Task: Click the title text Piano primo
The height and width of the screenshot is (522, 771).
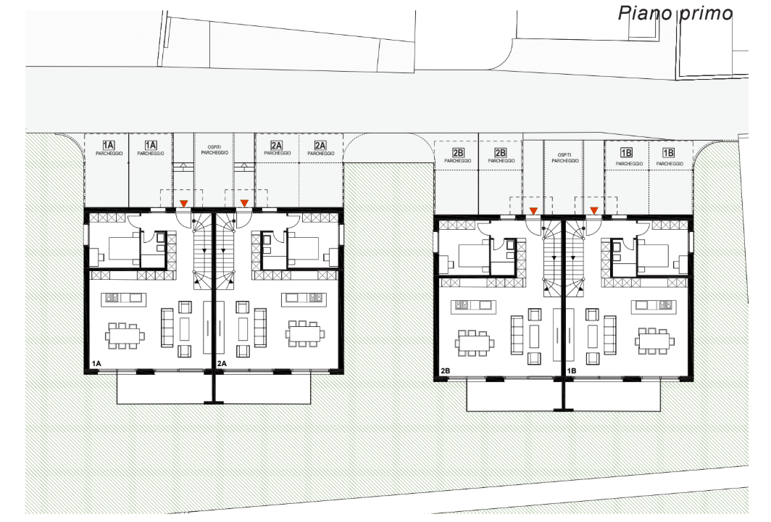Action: click(675, 13)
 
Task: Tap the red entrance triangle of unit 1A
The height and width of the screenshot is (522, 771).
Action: click(184, 203)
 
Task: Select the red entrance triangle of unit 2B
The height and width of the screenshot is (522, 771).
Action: click(533, 211)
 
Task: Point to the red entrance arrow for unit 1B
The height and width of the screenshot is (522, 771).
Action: click(594, 210)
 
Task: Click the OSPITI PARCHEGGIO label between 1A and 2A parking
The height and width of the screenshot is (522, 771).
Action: click(214, 149)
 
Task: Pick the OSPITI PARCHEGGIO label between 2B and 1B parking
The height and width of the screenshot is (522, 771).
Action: click(564, 157)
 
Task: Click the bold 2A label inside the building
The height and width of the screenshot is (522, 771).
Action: click(222, 363)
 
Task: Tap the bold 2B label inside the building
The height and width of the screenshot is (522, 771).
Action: click(446, 370)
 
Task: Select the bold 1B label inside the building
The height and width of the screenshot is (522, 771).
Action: click(571, 370)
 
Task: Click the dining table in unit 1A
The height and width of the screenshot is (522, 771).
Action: click(125, 336)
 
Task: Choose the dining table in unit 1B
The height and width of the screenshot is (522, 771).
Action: click(654, 341)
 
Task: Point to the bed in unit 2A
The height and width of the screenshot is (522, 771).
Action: click(304, 249)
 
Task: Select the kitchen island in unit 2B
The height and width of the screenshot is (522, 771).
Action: click(473, 306)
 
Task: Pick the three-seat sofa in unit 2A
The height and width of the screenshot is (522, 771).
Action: click(260, 328)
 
